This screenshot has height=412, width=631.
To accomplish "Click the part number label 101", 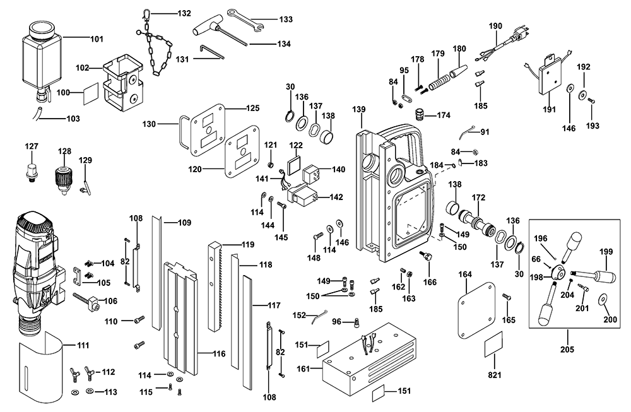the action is point(97,39).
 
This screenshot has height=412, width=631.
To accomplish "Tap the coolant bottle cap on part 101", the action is point(42,30).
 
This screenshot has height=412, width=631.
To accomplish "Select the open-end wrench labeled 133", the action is point(245,18).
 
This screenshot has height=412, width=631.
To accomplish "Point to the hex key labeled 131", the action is point(211,53).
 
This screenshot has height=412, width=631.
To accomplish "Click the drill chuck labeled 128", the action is point(62,180).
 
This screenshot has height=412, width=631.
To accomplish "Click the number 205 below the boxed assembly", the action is point(567,350).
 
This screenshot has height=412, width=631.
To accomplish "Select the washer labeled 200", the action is point(604,299).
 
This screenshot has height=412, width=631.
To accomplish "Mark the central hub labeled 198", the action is point(557,273).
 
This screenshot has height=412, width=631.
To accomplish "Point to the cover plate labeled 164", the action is point(476,310).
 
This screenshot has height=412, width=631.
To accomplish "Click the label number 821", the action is point(495,375).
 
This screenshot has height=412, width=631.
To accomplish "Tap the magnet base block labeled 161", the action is point(370,358).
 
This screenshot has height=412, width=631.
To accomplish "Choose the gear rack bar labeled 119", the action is point(216,286).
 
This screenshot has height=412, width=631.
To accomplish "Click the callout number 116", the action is point(219,354).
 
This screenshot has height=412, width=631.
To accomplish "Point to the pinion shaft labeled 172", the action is point(477,223).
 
